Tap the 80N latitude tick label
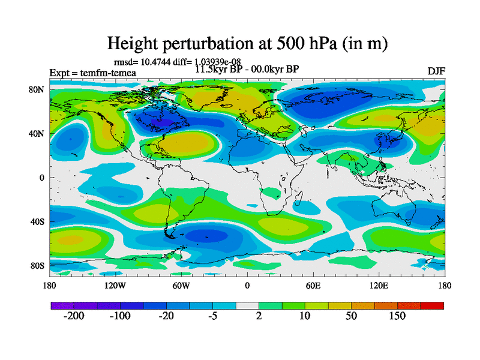[x=38, y=89]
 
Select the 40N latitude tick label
[x=38, y=134]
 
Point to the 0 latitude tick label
[x=43, y=178]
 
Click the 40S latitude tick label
[x=38, y=222]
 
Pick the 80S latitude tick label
[x=38, y=266]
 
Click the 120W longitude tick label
[x=115, y=286]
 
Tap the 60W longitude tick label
[x=181, y=286]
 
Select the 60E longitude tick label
[x=313, y=286]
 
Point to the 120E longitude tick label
[x=379, y=286]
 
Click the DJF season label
[x=436, y=72]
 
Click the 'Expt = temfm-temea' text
[x=92, y=73]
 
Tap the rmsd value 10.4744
[x=154, y=61]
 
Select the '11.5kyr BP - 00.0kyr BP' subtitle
[x=247, y=69]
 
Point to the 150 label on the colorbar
[x=398, y=316]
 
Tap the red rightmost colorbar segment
[x=432, y=305]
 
